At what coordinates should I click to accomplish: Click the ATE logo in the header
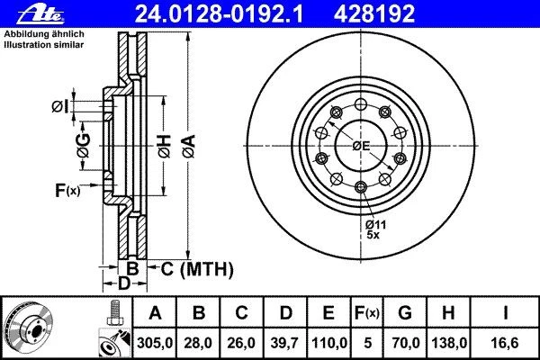click(26, 13)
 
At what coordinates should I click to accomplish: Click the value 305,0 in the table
click(155, 343)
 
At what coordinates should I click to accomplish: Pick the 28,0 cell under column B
click(199, 343)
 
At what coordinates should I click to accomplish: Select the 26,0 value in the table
click(243, 343)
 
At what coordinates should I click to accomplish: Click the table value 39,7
click(287, 343)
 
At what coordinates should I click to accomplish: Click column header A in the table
click(155, 313)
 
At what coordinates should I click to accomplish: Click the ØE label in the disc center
click(361, 147)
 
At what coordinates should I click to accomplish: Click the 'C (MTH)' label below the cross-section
click(196, 268)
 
